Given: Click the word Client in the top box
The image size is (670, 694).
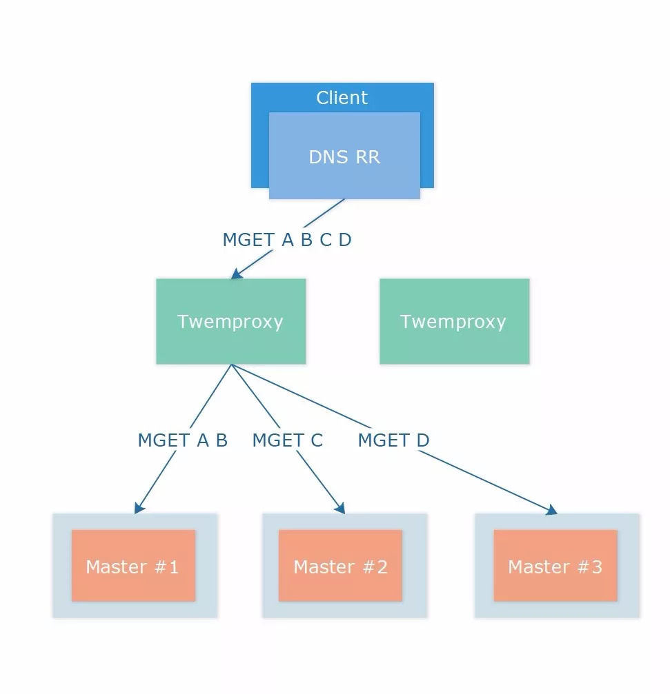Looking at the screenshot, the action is [342, 97].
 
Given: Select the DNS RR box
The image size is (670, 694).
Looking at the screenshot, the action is [344, 155].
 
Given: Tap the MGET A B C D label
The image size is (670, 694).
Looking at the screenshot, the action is [287, 239].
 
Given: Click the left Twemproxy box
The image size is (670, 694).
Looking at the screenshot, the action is [231, 321].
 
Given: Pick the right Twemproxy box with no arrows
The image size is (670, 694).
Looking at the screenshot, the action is [454, 321].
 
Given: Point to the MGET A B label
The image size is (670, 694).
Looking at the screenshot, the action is [183, 440].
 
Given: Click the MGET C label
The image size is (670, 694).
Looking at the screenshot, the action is [288, 440].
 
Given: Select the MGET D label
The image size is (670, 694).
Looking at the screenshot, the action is [393, 440].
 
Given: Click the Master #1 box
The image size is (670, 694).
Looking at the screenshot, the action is [133, 566].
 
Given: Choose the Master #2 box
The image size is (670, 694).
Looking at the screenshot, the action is [340, 566].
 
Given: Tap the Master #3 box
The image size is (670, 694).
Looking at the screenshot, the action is [555, 566].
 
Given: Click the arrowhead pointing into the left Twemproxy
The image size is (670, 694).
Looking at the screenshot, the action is [236, 274].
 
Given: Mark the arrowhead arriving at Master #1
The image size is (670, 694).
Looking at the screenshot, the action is [139, 508].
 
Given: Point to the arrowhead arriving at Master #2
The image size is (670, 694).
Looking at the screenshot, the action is [340, 508].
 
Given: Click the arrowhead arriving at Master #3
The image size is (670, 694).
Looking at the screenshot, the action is [552, 510].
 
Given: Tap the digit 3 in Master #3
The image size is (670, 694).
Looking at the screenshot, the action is [596, 567].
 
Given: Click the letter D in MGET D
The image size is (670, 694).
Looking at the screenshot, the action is [423, 440].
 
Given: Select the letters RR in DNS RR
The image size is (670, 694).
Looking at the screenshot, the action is [368, 157].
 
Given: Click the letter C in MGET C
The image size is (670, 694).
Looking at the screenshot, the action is [317, 440].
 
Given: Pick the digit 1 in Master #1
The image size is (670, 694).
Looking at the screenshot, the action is [173, 567].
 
